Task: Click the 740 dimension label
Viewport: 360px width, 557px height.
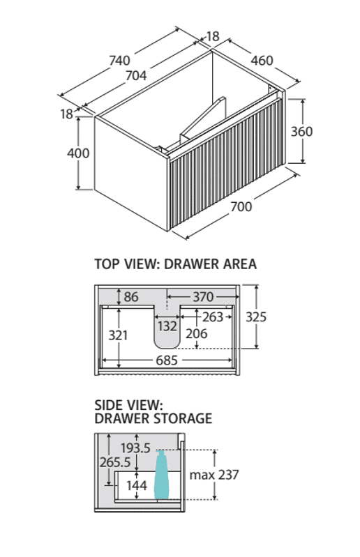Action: (119, 61)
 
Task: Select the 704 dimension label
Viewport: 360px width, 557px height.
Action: (136, 76)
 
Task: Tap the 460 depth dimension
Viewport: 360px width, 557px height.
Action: (262, 61)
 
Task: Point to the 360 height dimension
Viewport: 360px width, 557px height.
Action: (301, 132)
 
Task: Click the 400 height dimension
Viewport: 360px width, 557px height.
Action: (78, 153)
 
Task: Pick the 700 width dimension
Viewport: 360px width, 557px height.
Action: (241, 206)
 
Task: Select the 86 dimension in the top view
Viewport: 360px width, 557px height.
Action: (131, 296)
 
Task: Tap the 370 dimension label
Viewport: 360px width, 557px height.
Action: (203, 296)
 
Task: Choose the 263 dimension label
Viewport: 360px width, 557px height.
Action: (213, 317)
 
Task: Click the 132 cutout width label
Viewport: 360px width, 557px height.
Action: (167, 326)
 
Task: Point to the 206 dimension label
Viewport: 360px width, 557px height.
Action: (197, 333)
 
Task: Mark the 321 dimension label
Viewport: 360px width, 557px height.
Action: (118, 335)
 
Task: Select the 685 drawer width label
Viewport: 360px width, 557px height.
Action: (167, 360)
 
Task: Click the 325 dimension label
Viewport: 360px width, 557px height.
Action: (256, 317)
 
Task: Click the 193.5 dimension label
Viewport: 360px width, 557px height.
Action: (135, 448)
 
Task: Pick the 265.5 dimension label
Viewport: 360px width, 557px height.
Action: (115, 462)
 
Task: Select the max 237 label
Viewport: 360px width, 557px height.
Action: (214, 475)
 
